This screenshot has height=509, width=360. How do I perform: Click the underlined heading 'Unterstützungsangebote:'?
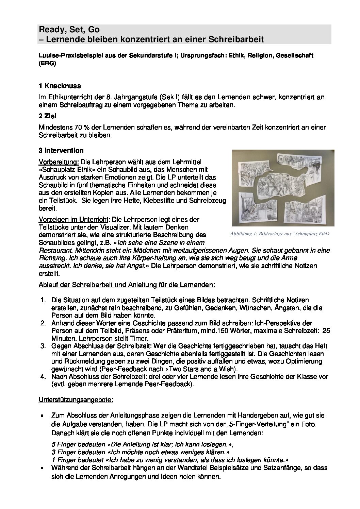[76, 400]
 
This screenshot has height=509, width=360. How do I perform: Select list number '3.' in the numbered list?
[43, 346]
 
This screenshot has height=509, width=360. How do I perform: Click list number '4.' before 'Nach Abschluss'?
[43, 377]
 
